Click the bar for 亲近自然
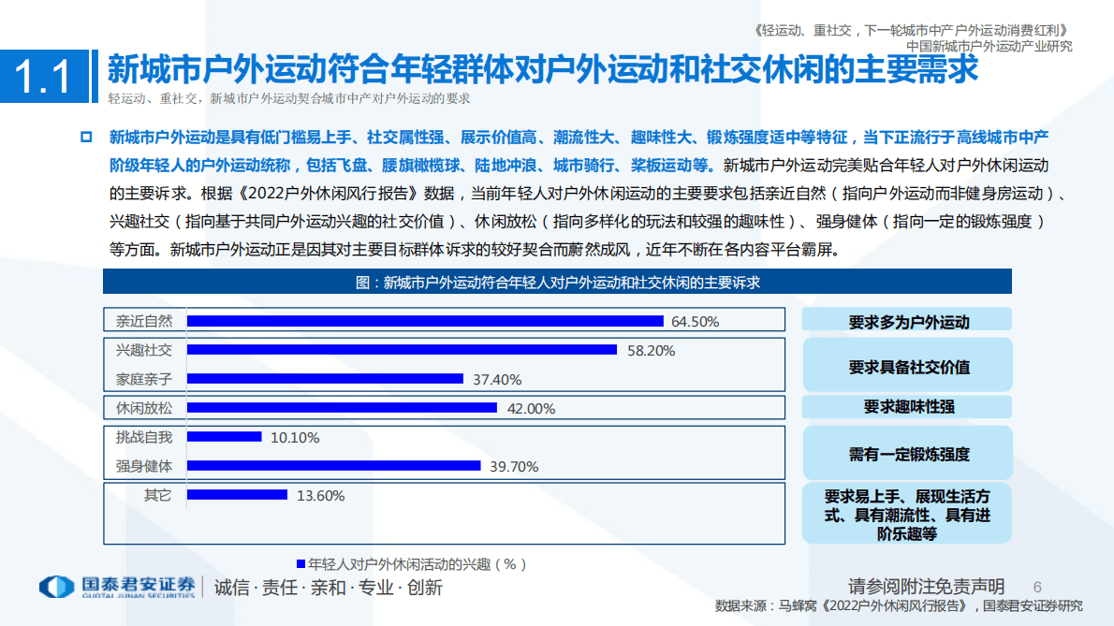tap(426, 320)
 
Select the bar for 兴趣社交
tap(403, 350)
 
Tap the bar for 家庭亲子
tap(326, 379)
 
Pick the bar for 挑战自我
tap(225, 437)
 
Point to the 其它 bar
tap(238, 495)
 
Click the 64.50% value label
tap(696, 322)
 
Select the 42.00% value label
tap(531, 409)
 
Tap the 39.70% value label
tap(514, 467)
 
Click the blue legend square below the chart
tap(300, 564)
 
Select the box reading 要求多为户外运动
tap(907, 321)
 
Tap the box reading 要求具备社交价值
tap(907, 366)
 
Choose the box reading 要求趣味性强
tap(907, 408)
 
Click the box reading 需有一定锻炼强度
tap(907, 455)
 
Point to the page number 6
tap(1036, 586)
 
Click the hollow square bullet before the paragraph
tap(86, 138)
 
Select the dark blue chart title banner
tap(557, 282)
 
